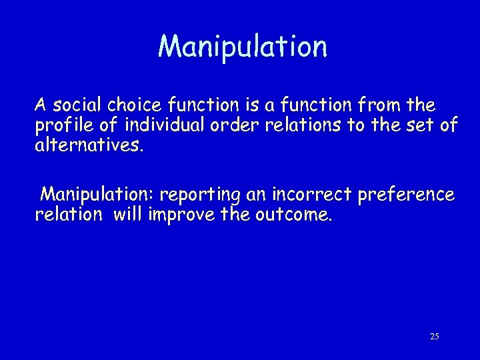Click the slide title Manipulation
pyautogui.click(x=243, y=47)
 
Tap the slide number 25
pyautogui.click(x=434, y=337)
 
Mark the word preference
pyautogui.click(x=406, y=195)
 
